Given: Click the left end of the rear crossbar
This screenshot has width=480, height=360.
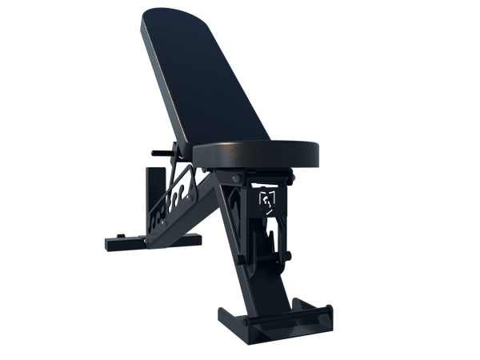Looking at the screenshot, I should (103, 239).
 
